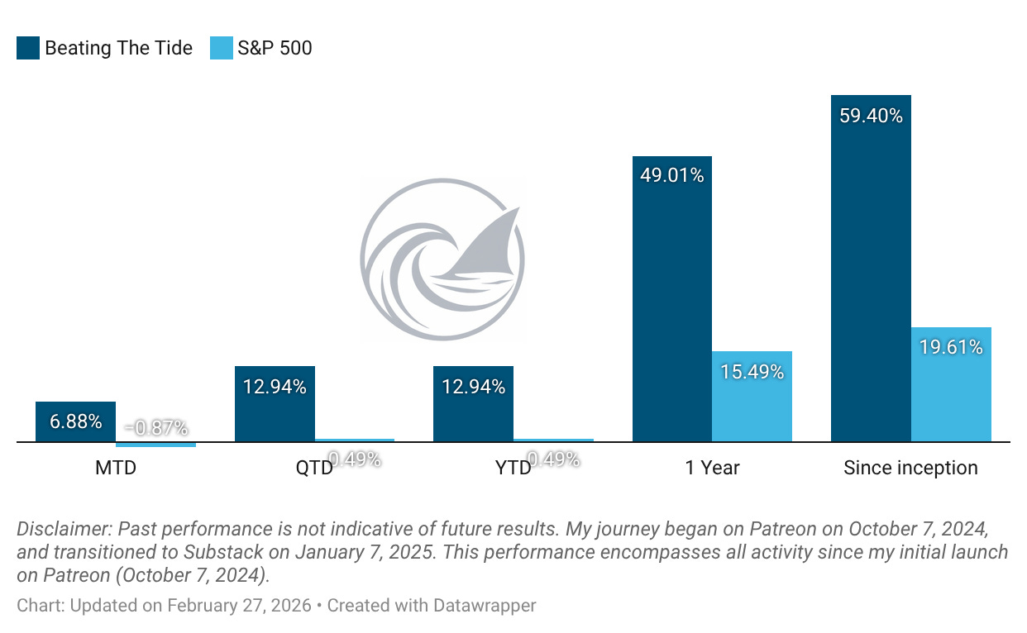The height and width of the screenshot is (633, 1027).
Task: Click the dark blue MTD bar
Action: click(x=75, y=422)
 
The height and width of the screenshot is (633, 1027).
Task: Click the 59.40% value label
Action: click(x=871, y=116)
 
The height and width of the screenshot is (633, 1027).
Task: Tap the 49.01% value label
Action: click(x=672, y=175)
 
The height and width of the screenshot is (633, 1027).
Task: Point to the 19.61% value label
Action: click(x=951, y=347)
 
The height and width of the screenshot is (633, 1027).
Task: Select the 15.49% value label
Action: click(x=752, y=372)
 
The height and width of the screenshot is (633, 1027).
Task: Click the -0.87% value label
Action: click(x=155, y=428)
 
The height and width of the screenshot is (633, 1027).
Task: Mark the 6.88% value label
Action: click(x=75, y=421)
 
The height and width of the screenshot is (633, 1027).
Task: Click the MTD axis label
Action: click(x=116, y=468)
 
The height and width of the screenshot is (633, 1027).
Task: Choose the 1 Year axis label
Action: click(x=712, y=468)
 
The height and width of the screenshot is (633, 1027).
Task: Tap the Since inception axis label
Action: click(x=910, y=468)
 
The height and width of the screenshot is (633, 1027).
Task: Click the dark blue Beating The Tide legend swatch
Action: click(x=27, y=48)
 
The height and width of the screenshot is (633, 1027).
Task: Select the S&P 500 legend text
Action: click(x=275, y=48)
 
